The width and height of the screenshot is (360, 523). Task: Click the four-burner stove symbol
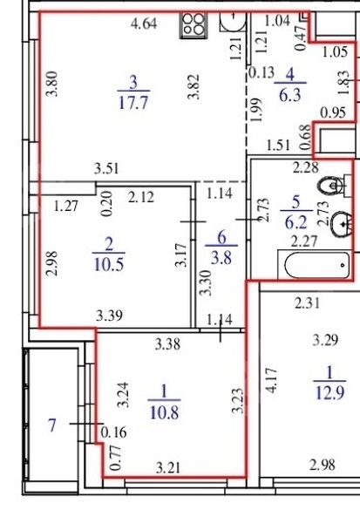[x=194, y=24]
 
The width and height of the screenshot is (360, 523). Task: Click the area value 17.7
[x=133, y=102]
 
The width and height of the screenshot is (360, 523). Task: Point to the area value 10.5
[x=109, y=264]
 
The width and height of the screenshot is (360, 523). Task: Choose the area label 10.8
[x=165, y=412]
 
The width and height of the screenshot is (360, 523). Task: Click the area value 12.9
[x=329, y=393]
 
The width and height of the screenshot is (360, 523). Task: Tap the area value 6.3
[x=290, y=95]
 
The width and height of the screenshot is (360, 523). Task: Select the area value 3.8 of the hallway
[x=221, y=257]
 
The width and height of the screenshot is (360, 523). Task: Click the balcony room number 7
[x=51, y=425]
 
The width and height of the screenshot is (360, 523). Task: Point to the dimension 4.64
[x=144, y=24]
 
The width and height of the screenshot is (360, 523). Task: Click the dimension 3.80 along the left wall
[x=52, y=84]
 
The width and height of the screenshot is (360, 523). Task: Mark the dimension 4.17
[x=272, y=381]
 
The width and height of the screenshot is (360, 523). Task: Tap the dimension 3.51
[x=106, y=169]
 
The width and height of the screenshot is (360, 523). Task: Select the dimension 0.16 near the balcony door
[x=114, y=432]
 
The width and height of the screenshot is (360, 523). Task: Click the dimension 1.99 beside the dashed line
[x=256, y=110]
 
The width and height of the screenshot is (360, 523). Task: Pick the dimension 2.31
[x=308, y=303]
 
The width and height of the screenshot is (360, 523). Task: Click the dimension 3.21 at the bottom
[x=168, y=468]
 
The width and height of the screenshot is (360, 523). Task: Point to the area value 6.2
[x=296, y=221]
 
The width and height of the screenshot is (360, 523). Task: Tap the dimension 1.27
[x=66, y=206]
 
